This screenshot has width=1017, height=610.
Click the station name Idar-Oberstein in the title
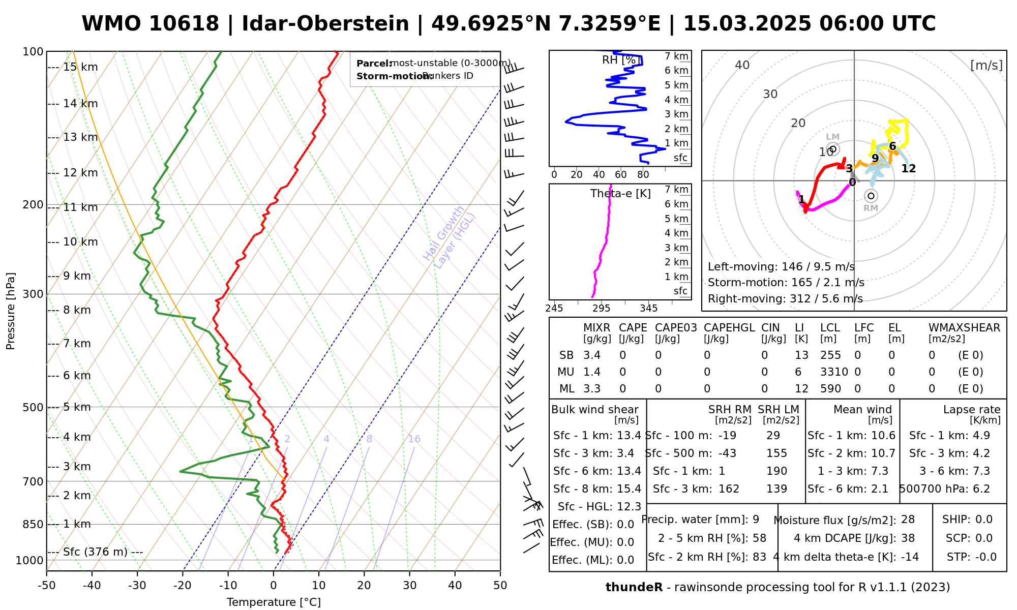(325, 24)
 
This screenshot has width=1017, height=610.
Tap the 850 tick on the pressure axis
(34, 524)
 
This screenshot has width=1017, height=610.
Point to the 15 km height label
(80, 67)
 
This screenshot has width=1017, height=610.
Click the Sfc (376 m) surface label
(95, 552)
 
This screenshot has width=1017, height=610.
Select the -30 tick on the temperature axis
(137, 586)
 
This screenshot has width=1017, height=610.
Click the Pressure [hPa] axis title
(11, 311)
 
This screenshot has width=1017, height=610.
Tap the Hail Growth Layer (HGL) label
(450, 237)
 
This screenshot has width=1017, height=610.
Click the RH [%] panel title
(619, 60)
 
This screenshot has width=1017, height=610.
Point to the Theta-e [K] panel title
(620, 194)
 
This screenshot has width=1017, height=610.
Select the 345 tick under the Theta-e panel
(648, 309)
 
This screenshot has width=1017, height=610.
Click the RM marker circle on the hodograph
(871, 196)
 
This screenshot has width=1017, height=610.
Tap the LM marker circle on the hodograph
(832, 149)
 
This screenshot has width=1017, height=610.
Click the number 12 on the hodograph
(908, 169)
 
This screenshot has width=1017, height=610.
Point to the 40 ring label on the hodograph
(742, 65)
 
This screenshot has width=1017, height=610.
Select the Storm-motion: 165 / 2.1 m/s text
(786, 283)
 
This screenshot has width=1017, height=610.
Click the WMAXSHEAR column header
(964, 328)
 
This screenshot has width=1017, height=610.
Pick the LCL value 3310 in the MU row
(834, 372)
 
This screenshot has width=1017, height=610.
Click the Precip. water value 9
(756, 520)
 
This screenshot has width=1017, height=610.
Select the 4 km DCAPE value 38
(908, 538)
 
